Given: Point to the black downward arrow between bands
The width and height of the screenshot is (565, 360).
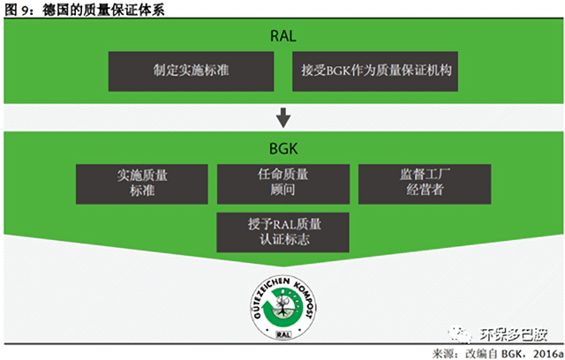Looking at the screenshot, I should pos(282,116).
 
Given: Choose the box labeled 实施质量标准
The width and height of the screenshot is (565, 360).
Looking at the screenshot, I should pos(142,183).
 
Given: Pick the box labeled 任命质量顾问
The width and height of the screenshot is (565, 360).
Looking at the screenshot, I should pos(282,183).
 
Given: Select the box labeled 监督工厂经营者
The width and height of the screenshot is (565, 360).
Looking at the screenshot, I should pos(423,183).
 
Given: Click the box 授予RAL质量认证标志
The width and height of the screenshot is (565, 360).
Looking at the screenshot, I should pos(282,230).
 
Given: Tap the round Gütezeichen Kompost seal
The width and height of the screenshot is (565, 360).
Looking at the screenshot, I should pos(282,304).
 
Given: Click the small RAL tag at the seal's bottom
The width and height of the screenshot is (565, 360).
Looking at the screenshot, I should pos(282,334).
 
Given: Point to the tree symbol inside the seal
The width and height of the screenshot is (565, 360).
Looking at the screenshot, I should pos(282,300).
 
